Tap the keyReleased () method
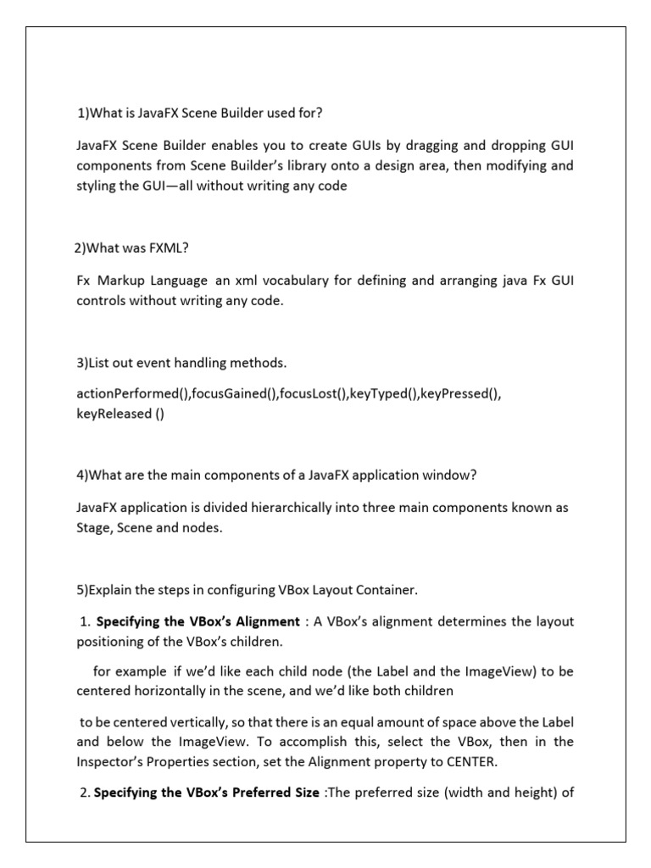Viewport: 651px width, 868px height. (120, 414)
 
